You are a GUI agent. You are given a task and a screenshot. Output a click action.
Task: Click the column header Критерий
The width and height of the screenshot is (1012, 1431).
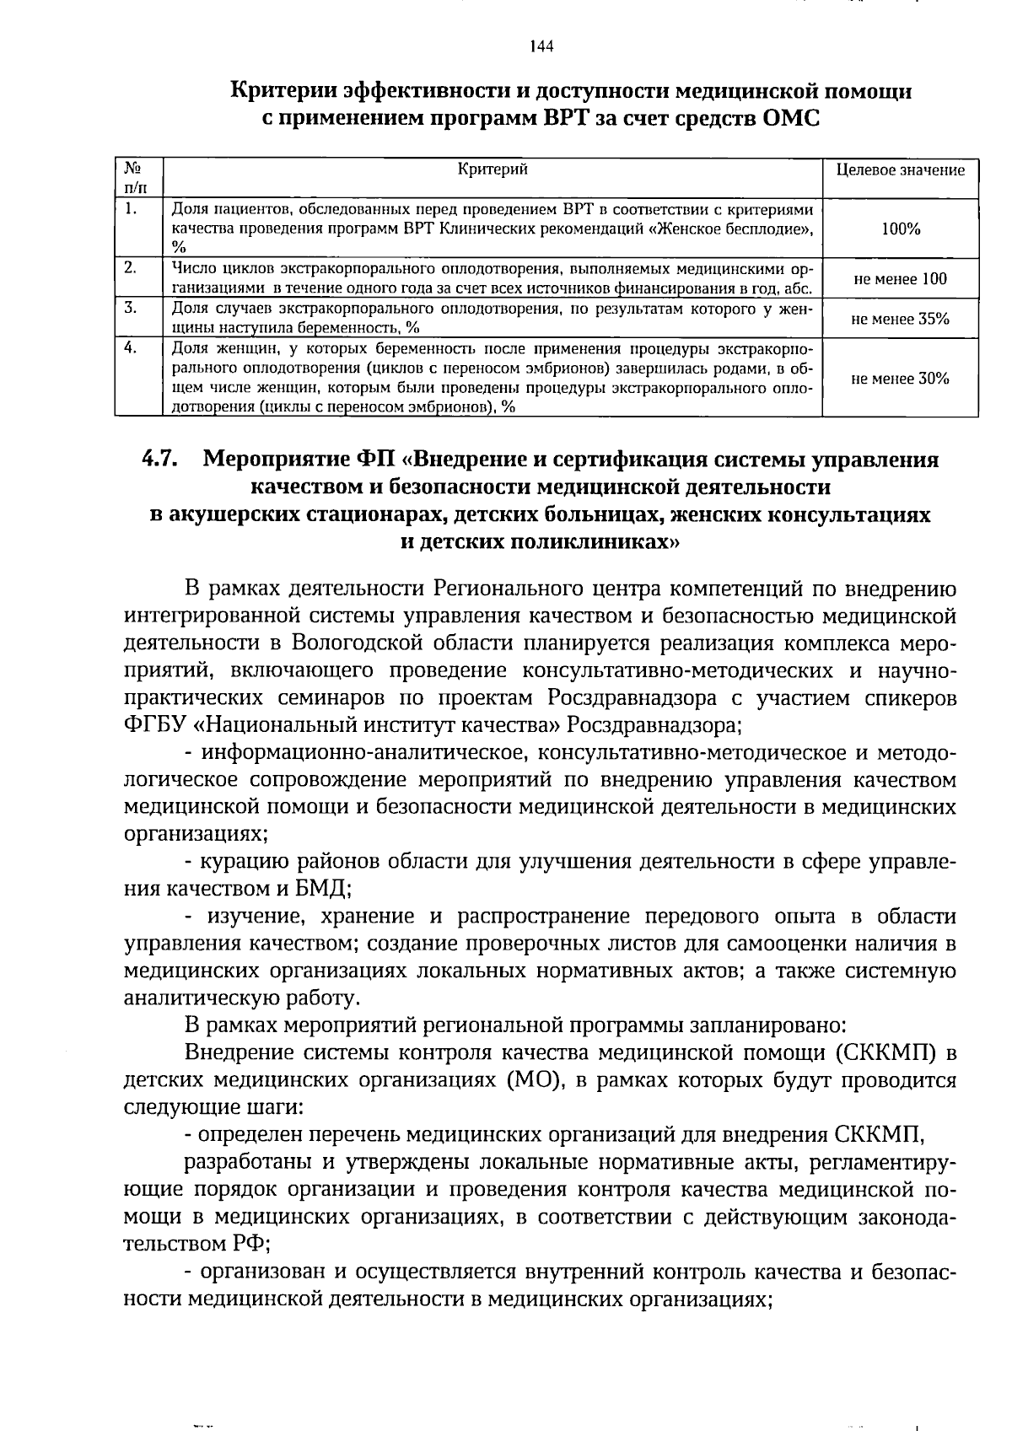coord(493,169)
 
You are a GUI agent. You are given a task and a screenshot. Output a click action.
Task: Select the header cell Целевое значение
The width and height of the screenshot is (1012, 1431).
coord(900,169)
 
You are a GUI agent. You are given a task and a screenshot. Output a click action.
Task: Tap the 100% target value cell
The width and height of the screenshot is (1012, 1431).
coord(900,229)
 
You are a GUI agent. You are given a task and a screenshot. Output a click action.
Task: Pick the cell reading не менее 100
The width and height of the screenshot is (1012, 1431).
coord(900,279)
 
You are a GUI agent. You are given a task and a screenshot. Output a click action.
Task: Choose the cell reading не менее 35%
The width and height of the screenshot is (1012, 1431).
coord(900,319)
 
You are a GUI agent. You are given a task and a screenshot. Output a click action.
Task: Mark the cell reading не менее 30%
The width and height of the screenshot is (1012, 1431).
coord(900,379)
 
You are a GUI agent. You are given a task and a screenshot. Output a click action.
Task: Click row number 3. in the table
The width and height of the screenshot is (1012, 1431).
coord(130,308)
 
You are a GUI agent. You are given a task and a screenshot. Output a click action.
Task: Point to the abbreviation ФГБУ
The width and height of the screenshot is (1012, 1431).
coord(154,725)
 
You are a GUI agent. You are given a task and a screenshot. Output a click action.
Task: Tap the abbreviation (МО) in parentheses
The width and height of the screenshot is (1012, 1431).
coord(534,1080)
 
